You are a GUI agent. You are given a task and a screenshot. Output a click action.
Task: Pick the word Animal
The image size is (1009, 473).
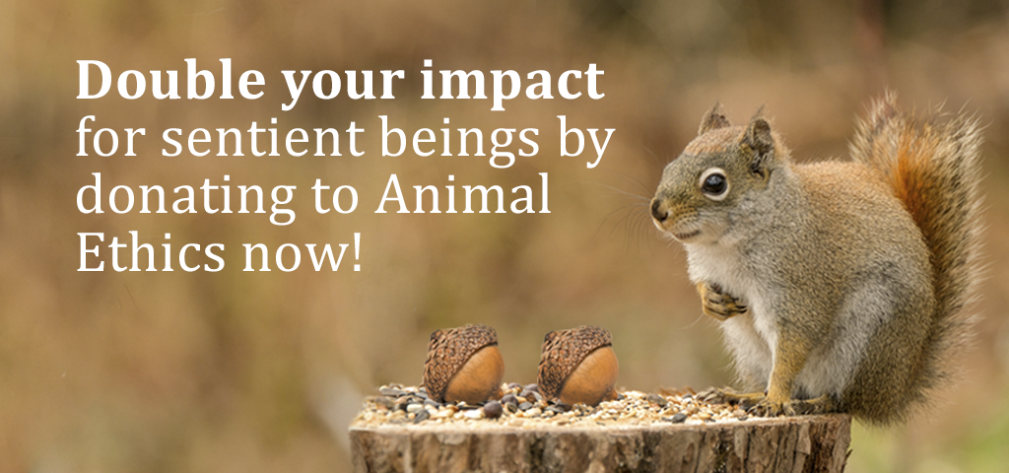pyautogui.click(x=463, y=193)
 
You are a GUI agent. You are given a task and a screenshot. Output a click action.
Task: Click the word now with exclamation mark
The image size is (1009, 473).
pyautogui.click(x=302, y=252)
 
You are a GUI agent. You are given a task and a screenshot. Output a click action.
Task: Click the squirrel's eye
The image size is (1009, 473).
pyautogui.click(x=713, y=184)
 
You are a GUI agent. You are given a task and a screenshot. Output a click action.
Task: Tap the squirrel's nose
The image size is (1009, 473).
pyautogui.click(x=657, y=209)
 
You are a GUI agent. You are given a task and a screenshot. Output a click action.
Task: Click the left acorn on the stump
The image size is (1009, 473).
pyautogui.click(x=463, y=365)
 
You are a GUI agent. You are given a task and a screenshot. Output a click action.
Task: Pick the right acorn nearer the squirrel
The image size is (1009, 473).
pyautogui.click(x=577, y=365)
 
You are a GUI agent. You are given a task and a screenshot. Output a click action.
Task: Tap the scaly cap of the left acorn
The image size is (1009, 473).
pyautogui.click(x=454, y=351)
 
